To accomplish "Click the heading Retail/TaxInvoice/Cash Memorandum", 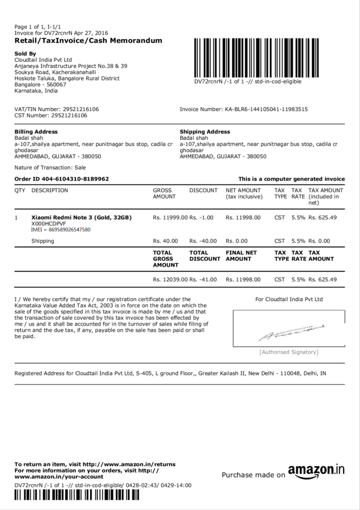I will pos(88,41).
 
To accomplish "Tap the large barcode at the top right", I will pos(270,57).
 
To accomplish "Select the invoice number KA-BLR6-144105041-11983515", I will pos(266,109).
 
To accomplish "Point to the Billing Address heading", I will pos(36,132).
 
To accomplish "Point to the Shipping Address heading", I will pos(205,132).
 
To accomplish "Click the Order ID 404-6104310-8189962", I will pos(61,179).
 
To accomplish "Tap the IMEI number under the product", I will pos(61,230).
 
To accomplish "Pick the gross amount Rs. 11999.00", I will pos(170,217).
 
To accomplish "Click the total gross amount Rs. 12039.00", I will pos(170,279).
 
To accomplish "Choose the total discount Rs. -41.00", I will pos(203,279).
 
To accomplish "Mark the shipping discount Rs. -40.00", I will pos(203,241).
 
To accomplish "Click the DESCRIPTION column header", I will pos(50,191).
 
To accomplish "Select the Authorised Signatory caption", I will pos(289,352).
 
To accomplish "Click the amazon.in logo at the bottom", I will pos(316,471).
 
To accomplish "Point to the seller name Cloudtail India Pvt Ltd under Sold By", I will pos(43,60).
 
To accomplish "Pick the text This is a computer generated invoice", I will pos(291,179).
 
